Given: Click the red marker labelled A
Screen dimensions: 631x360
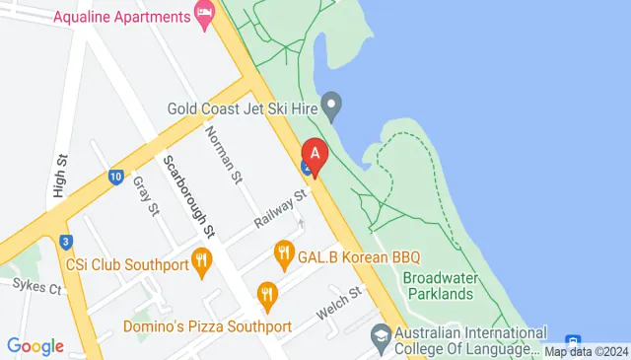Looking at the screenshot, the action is tap(315, 155).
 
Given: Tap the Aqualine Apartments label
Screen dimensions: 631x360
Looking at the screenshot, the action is tap(121, 17).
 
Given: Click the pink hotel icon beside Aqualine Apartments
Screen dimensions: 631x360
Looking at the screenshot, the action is tap(205, 16).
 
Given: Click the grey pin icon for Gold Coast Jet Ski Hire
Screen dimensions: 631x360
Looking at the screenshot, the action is tap(333, 103).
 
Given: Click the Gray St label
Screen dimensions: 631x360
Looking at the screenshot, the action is tap(146, 194).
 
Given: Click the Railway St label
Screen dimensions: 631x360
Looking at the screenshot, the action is tap(281, 209).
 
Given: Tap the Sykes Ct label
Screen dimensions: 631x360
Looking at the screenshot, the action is tap(37, 288).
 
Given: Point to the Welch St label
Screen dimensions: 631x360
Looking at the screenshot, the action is tap(340, 302).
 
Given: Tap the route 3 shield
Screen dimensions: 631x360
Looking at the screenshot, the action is tap(65, 242).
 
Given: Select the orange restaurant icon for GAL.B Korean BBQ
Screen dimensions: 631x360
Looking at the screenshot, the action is tap(284, 255).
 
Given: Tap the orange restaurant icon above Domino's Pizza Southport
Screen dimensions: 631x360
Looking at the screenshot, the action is tap(266, 293).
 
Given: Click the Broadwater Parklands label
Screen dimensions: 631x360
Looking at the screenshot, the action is tap(438, 286).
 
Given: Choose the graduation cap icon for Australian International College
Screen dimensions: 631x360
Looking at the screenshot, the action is tap(380, 337).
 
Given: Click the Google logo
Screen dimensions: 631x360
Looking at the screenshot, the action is tap(35, 346).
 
